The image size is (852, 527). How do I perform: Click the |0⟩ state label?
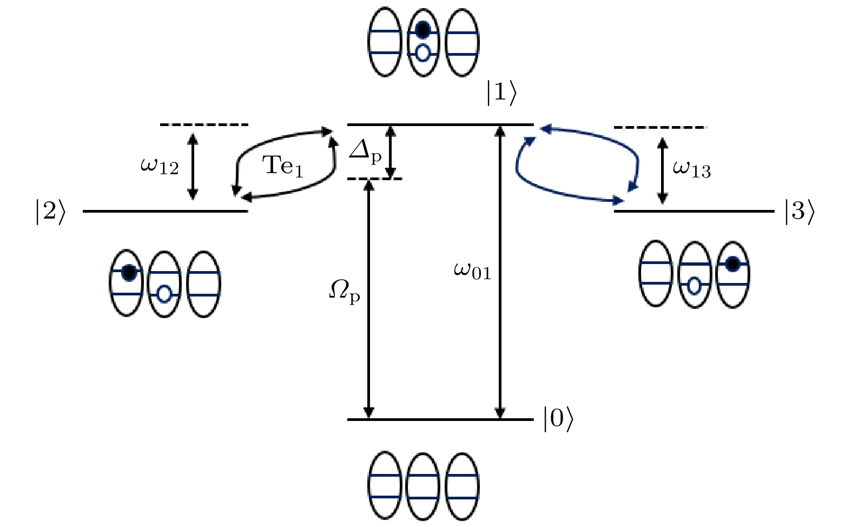[x=558, y=420]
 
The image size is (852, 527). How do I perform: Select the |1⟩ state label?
[x=501, y=94]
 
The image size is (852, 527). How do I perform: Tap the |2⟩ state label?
[x=50, y=212]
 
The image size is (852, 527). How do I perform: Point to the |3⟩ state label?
[x=799, y=212]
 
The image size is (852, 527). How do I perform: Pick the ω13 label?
[x=691, y=169]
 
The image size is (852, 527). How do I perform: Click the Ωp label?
[x=345, y=293]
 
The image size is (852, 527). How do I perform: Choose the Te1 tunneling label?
[x=283, y=164]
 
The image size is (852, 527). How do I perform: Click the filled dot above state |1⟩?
[x=423, y=29]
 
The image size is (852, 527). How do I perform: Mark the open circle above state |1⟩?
[x=423, y=52]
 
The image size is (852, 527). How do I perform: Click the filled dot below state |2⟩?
[x=128, y=273]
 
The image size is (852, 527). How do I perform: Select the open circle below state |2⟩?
[x=164, y=294]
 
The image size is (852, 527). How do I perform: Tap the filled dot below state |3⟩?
[x=732, y=265]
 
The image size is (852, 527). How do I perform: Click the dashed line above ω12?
[x=204, y=125]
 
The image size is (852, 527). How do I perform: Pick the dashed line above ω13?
[x=659, y=127]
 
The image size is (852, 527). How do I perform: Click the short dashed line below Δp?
[x=374, y=179]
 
